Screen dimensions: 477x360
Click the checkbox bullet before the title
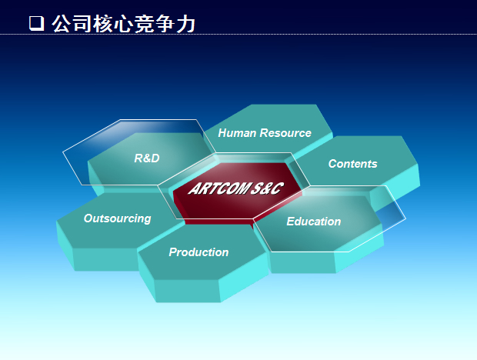coord(36,23)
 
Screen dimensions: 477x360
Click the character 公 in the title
coord(62,24)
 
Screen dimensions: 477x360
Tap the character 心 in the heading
coord(124,24)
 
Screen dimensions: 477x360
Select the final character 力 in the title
coord(185,24)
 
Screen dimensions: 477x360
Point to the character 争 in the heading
coord(165,24)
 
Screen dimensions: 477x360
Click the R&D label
coord(147,158)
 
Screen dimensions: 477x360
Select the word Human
coord(237,133)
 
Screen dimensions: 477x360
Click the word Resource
coord(285,133)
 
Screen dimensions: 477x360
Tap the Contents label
coord(353,164)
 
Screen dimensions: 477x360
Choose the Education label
coord(314,222)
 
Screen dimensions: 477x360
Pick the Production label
coord(198,252)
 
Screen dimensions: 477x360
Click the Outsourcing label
coord(118,218)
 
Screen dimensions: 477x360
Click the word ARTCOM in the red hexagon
coord(218,188)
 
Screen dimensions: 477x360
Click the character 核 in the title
coord(103,24)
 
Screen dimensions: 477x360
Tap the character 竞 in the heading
coord(144,24)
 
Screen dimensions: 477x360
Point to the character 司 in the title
coord(82,24)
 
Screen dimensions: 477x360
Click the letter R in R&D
coord(138,158)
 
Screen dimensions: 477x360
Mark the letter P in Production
coord(173,252)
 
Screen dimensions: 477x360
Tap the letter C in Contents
coord(333,164)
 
